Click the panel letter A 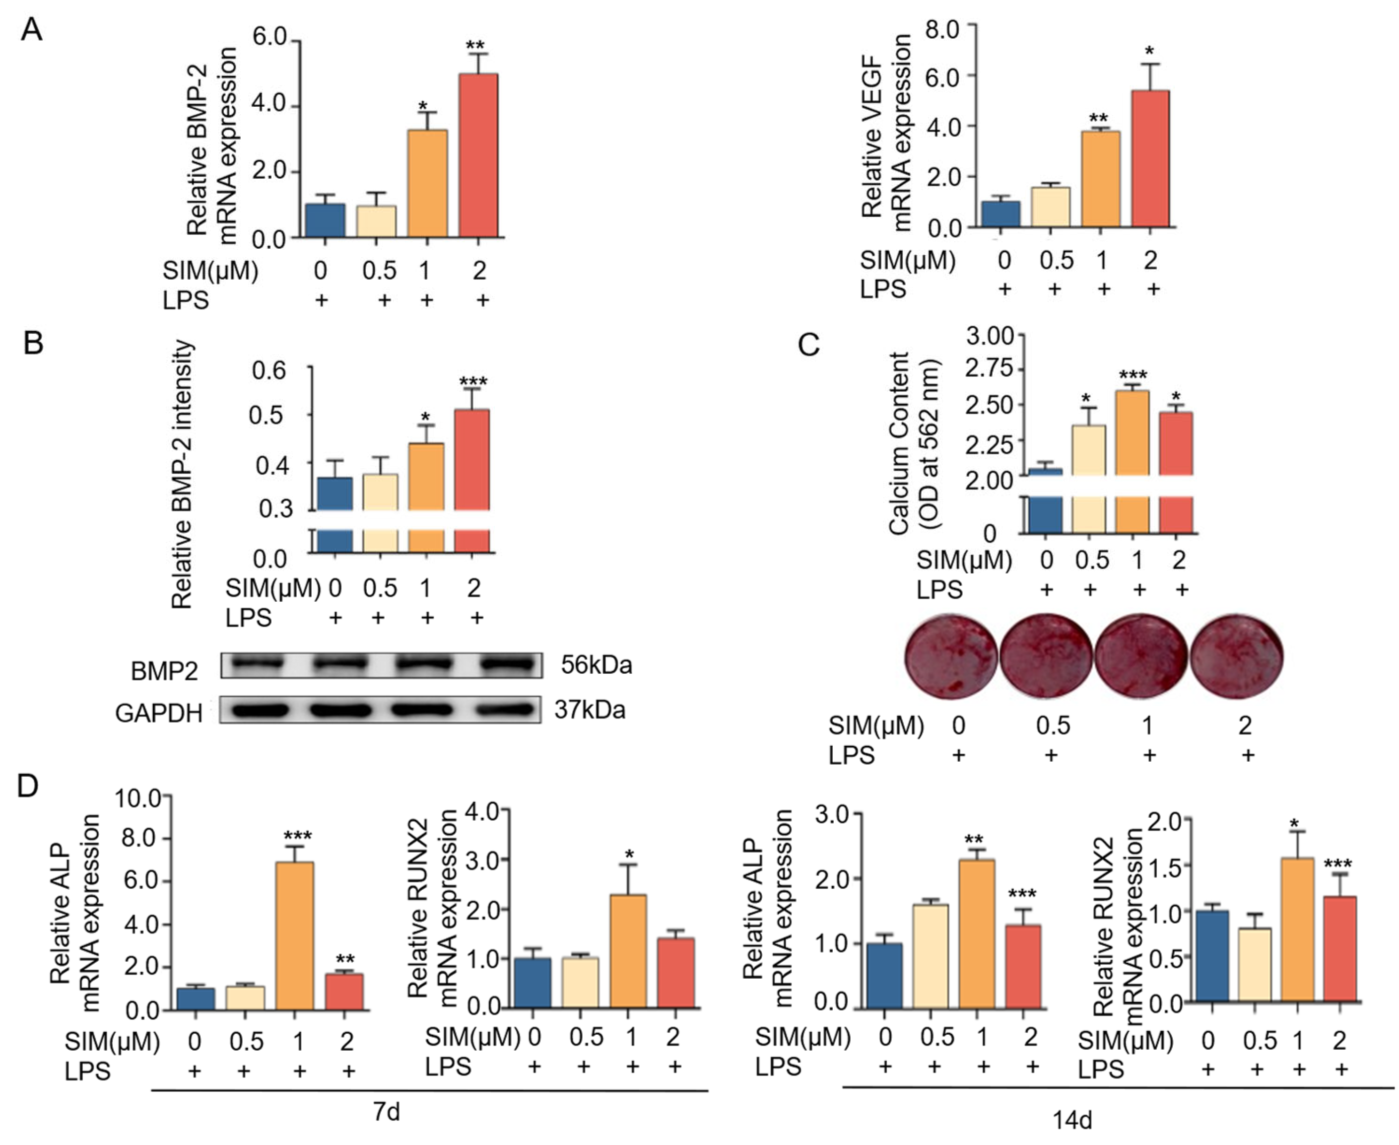[31, 30]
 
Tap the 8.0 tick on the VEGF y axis [943, 30]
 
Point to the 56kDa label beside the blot [596, 665]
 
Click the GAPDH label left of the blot [158, 713]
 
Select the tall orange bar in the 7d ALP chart [294, 935]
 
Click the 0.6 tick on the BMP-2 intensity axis [268, 371]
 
